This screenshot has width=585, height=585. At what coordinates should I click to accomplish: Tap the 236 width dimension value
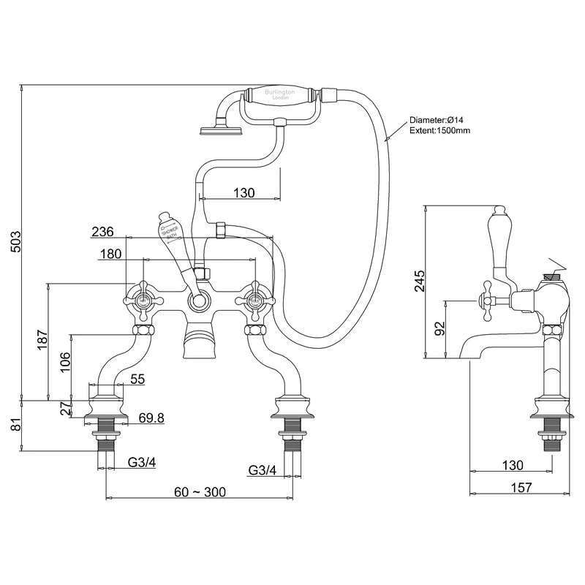[x=103, y=231]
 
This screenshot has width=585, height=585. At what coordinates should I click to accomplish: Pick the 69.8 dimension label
[x=151, y=418]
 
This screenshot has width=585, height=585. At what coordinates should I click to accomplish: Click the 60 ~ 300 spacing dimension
[x=198, y=491]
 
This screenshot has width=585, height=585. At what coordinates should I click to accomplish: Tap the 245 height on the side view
[x=418, y=281]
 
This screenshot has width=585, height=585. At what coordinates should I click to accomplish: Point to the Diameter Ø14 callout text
[x=437, y=120]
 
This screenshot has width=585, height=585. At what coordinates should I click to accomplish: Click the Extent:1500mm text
[x=439, y=130]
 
